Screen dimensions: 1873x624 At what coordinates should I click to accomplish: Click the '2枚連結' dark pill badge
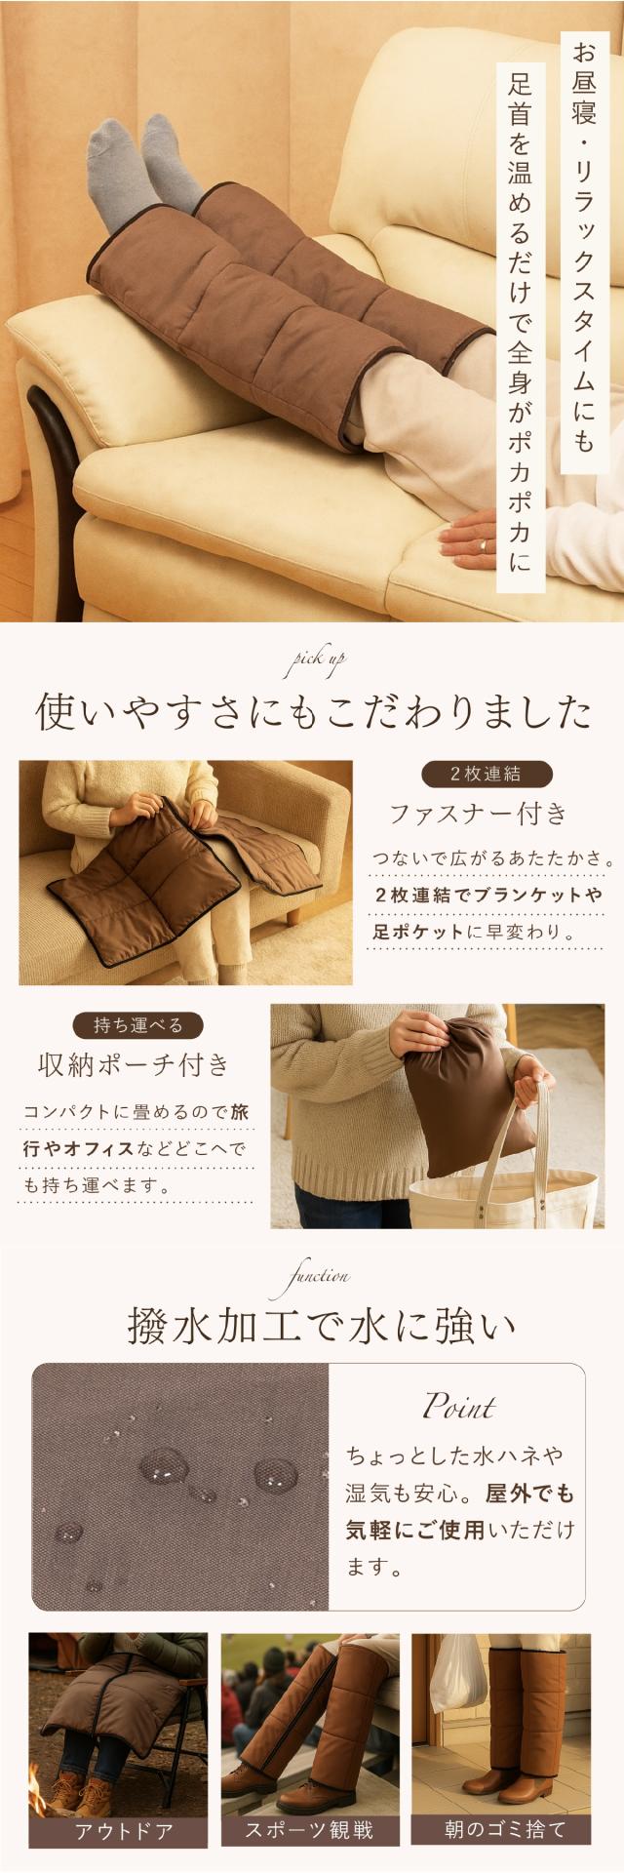486,775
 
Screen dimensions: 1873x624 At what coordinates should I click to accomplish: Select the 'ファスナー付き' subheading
478,813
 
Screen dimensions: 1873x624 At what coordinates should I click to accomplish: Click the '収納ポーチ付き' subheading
135,1063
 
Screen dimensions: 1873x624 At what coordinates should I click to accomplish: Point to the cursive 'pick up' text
312,663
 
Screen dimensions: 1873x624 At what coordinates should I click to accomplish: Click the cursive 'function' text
312,1275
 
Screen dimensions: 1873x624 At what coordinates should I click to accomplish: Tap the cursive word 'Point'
457,1408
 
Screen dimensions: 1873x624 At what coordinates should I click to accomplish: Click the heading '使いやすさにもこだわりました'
312,712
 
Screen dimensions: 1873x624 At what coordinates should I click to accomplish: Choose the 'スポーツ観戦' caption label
312,1830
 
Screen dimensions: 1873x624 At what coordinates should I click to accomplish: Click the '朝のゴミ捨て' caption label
501,1830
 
